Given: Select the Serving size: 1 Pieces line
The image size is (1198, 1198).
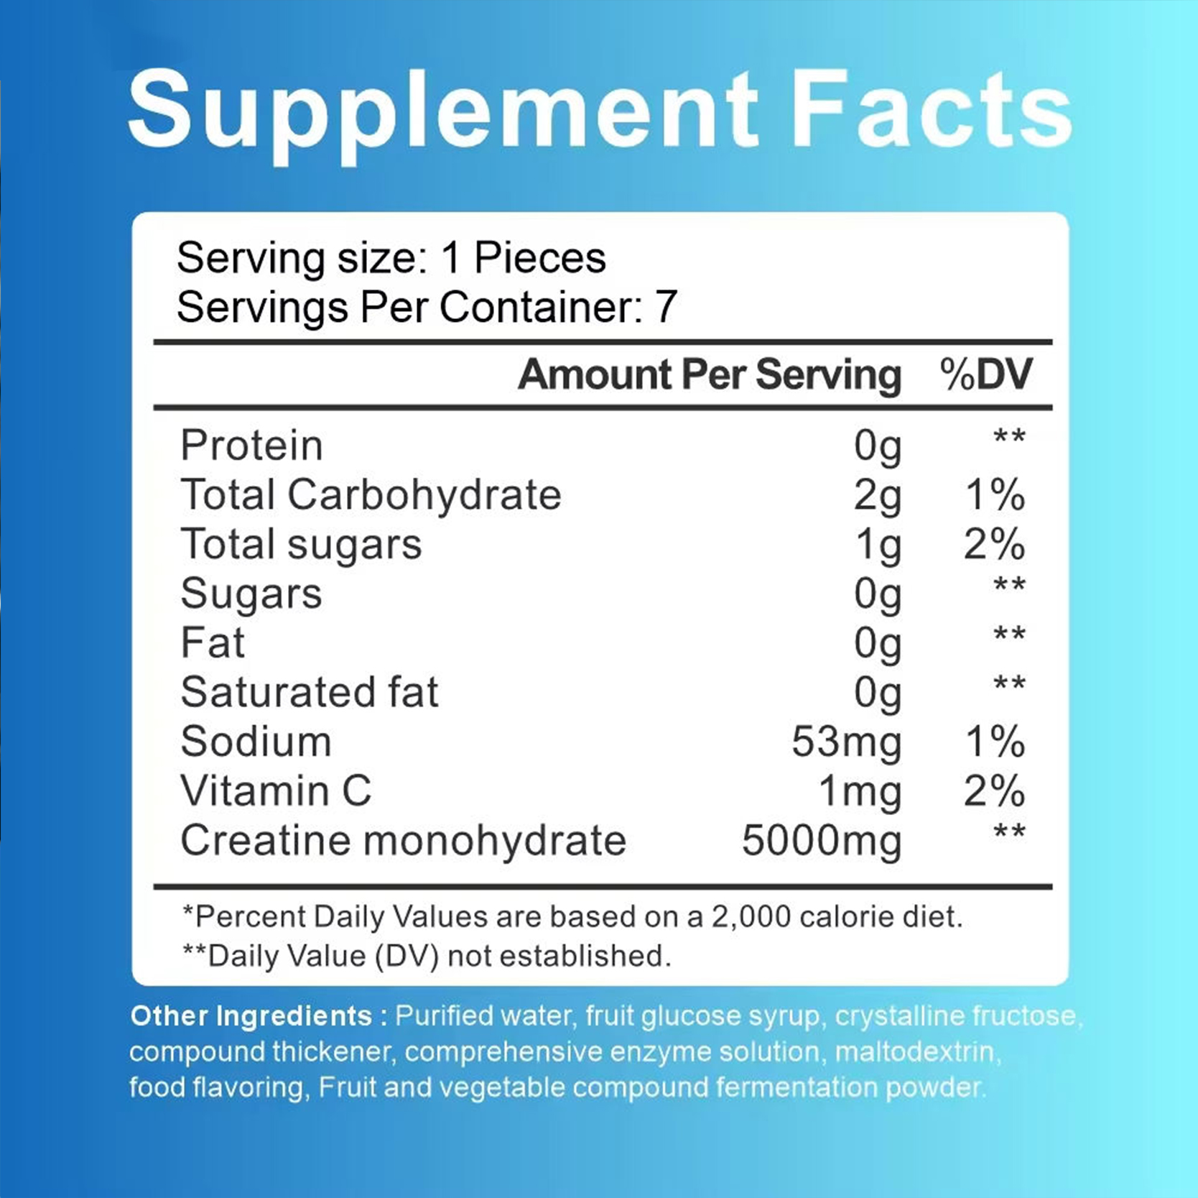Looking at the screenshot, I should pos(391,258).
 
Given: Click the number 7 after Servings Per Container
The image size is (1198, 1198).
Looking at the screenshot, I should pos(666,308).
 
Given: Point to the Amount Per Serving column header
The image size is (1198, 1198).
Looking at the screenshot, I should pos(709,374).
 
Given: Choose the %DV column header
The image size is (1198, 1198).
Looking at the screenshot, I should pos(986,374).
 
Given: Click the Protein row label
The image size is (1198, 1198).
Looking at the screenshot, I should pos(251,446).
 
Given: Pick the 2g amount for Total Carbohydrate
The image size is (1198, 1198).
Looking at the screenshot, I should pos(877,496).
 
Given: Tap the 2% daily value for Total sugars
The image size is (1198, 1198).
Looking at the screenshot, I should pos(994,545).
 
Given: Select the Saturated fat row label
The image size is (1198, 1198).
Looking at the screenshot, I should pos(310,693).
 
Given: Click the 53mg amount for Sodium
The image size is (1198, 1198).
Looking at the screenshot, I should pos(846,742).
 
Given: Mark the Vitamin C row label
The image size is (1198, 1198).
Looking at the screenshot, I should pos(276,791).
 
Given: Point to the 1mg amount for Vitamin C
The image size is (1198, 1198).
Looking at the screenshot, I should pos(860,792).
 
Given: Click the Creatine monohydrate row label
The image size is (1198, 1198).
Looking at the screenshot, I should pos(403,841).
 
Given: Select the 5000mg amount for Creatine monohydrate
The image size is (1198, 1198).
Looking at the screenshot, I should pos(821,841).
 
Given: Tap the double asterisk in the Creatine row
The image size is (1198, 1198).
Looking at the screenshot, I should pos(1009,833).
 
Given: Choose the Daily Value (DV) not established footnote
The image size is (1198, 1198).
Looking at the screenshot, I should pos(427,957).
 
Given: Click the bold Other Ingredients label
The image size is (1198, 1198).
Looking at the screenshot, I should pos(251,1016).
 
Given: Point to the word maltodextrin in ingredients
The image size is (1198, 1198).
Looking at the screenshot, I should pos(917,1052).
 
